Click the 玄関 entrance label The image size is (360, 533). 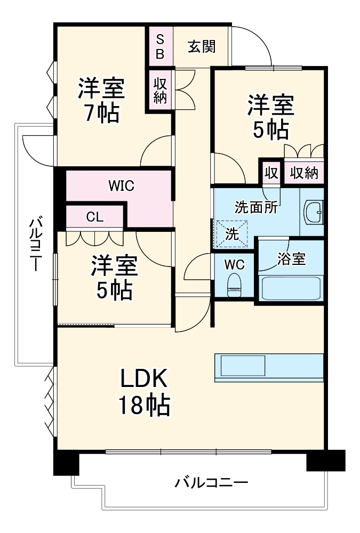click(x=201, y=46)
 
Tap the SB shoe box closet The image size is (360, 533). click(x=160, y=46)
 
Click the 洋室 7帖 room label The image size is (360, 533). click(x=101, y=100)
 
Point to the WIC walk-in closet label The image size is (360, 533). click(x=121, y=186)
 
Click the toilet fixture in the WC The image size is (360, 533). click(x=234, y=285)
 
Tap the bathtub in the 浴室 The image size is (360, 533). click(x=291, y=288)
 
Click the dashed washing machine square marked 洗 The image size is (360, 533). click(x=231, y=233)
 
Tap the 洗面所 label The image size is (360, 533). click(x=257, y=207)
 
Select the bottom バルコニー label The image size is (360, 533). click(x=212, y=483)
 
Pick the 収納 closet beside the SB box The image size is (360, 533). click(x=160, y=90)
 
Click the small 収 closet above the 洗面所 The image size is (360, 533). click(x=271, y=172)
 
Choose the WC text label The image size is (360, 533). click(x=234, y=264)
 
